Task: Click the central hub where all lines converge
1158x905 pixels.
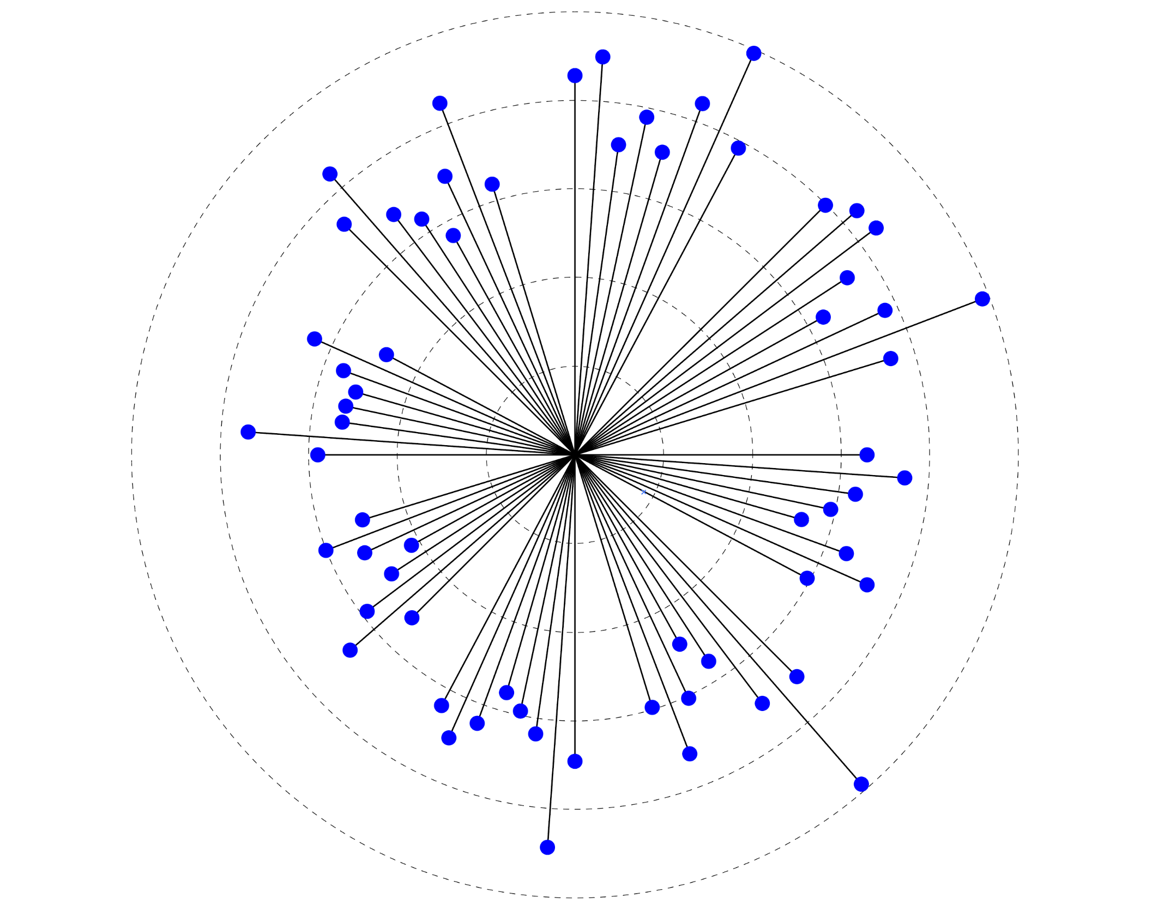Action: [x=575, y=454]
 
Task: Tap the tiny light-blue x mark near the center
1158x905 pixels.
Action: [x=643, y=492]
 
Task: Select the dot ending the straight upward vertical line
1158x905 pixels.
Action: [x=575, y=75]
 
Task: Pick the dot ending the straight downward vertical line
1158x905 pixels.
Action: [x=575, y=761]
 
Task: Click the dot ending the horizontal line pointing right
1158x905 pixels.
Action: [x=867, y=454]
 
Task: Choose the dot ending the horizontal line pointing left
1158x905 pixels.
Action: [x=317, y=454]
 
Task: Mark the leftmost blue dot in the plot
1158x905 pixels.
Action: [x=248, y=432]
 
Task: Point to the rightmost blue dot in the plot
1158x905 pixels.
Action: [x=982, y=299]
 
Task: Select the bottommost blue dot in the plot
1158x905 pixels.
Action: [x=547, y=847]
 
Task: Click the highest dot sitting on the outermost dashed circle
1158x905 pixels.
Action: [x=753, y=53]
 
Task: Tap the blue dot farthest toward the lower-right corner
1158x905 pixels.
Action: [x=861, y=784]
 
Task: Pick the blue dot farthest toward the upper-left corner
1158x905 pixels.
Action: [x=330, y=174]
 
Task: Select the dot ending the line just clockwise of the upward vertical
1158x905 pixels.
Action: [x=602, y=57]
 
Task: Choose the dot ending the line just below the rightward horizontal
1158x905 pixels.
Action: [x=904, y=478]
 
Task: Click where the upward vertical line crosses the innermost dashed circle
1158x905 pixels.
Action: [x=575, y=366]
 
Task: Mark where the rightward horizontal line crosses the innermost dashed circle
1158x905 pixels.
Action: [x=664, y=454]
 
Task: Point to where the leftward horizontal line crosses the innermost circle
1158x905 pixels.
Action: [x=486, y=454]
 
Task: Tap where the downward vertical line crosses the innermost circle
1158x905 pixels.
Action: [x=575, y=543]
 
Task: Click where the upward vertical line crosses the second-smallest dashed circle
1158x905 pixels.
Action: [x=575, y=277]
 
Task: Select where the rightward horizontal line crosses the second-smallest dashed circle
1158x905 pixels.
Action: [x=752, y=454]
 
